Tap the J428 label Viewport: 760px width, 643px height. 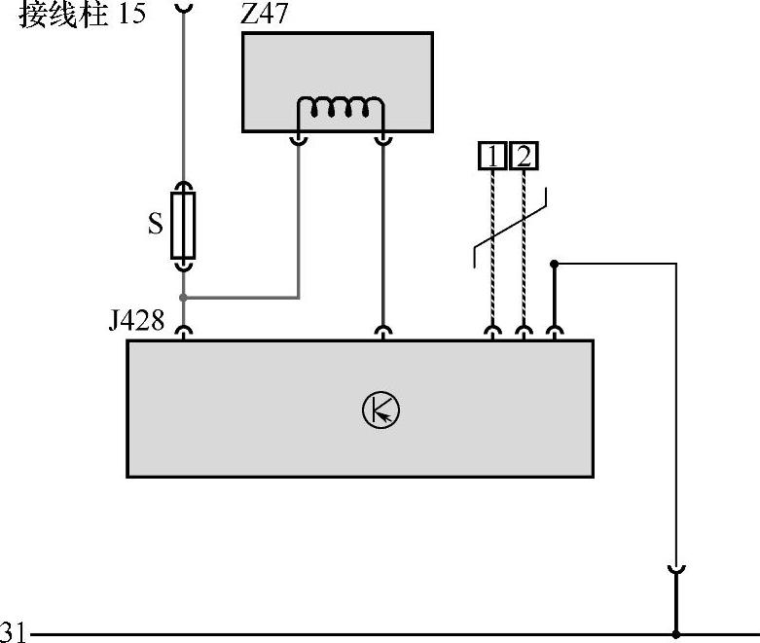(136, 319)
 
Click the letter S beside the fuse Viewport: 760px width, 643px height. (155, 225)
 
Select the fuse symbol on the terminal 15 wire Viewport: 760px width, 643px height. (183, 225)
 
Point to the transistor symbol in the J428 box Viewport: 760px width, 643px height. (380, 410)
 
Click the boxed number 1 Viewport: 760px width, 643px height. (493, 156)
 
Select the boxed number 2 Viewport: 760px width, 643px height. (524, 156)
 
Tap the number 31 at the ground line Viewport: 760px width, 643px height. (14, 630)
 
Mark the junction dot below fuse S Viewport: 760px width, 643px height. (183, 297)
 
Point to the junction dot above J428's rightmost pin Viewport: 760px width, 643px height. (554, 264)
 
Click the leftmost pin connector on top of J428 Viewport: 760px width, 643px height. (183, 333)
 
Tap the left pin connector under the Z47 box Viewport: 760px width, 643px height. (299, 140)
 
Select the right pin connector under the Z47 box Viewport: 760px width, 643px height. (382, 140)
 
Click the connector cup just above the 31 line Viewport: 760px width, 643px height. (675, 570)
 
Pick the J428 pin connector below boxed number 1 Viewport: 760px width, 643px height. (493, 333)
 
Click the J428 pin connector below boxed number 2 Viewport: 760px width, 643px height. (524, 333)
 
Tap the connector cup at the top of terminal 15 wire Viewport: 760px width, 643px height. (183, 7)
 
